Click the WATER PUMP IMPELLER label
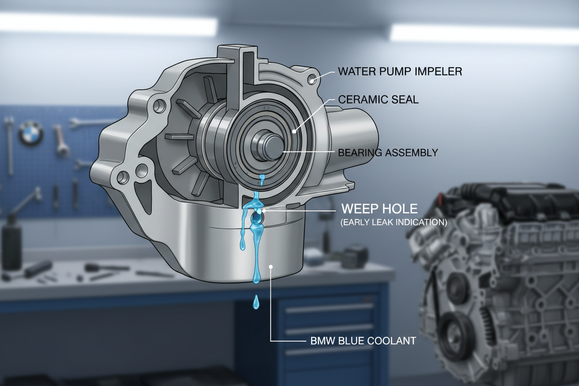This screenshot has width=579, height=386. [x=400, y=71]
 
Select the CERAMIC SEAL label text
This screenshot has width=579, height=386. [x=379, y=99]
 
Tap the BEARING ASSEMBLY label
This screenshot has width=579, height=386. [x=388, y=153]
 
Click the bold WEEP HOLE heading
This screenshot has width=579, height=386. [x=380, y=209]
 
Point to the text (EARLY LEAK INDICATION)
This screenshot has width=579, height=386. [x=393, y=222]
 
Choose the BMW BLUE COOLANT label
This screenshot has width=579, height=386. [x=363, y=341]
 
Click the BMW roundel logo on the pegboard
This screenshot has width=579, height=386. [x=31, y=134]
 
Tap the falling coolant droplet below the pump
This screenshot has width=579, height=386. [x=256, y=302]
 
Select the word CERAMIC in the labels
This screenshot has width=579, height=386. [x=357, y=99]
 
